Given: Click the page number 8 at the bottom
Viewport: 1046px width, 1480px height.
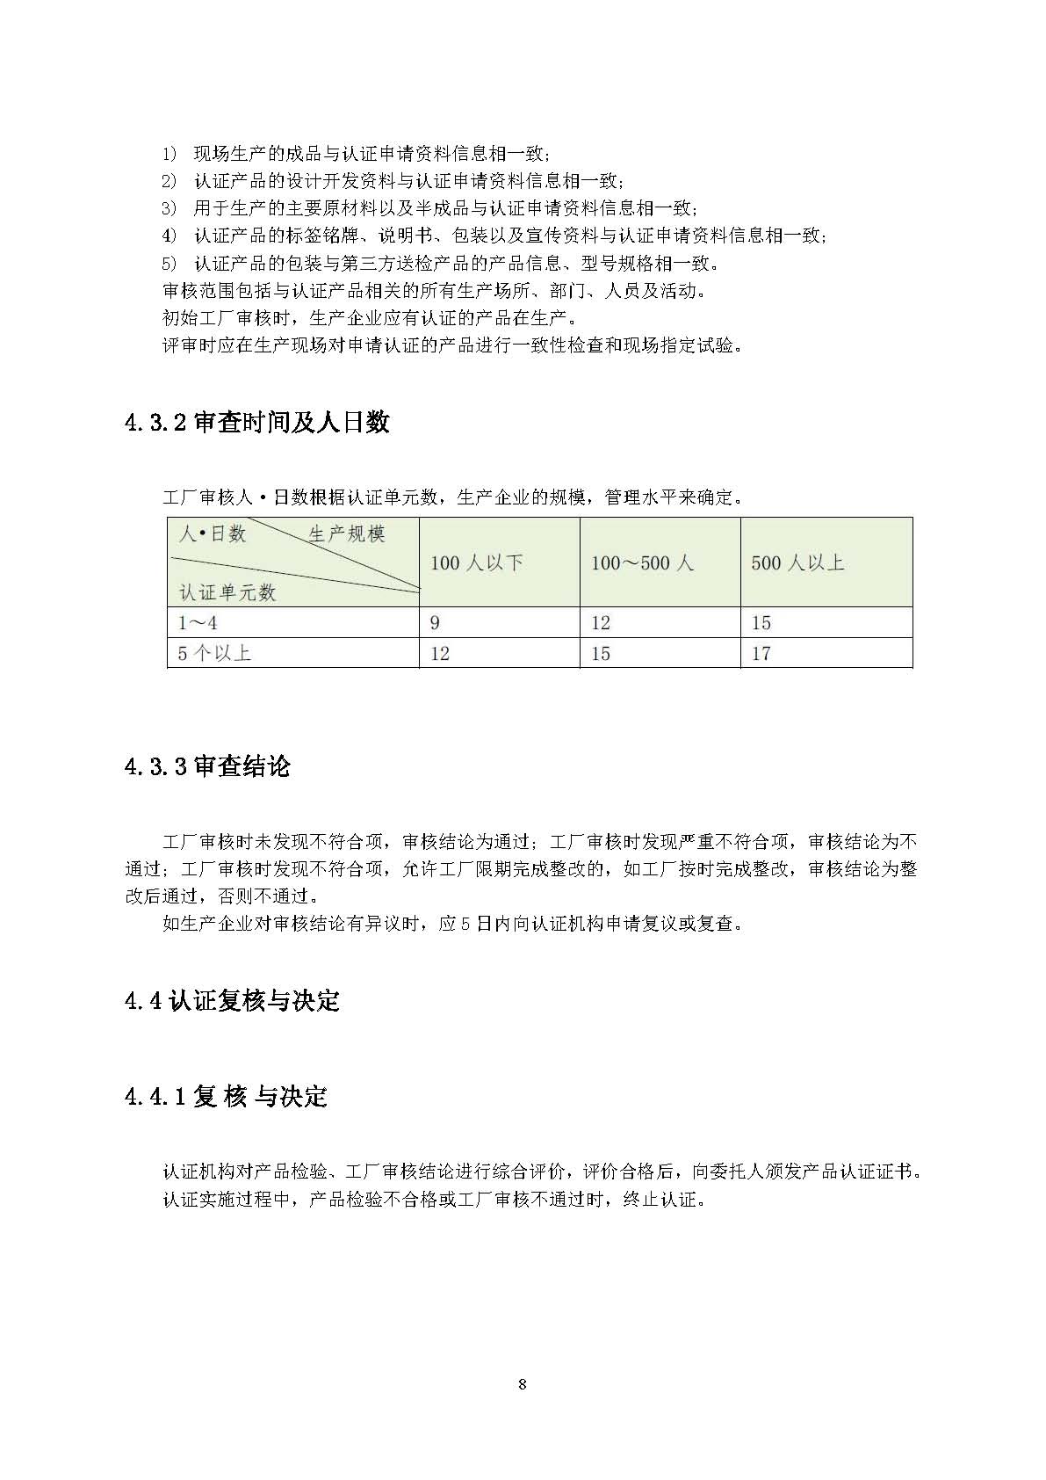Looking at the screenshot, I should pos(523,1385).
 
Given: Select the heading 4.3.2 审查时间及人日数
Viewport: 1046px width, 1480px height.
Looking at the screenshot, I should pos(257,423).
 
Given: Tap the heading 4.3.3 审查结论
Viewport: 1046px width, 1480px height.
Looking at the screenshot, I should pos(207,766).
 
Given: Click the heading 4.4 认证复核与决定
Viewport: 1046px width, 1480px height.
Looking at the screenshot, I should pos(232,1001).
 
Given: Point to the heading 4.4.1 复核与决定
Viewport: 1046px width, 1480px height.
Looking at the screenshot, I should pos(226,1097).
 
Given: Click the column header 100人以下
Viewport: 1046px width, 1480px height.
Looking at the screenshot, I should pos(476,563).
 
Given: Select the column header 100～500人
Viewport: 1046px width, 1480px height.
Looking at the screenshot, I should pos(642,563).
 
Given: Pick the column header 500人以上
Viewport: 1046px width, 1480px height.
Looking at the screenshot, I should pos(797,563).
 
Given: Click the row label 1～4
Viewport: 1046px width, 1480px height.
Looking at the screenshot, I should pos(198,623).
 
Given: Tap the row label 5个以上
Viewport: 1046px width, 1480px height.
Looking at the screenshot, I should pos(214,654).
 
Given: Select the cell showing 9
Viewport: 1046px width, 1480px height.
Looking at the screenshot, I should pos(435,623).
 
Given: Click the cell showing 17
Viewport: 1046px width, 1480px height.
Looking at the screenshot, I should pos(761,654).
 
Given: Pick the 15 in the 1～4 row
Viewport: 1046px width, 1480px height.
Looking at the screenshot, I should pos(761,623).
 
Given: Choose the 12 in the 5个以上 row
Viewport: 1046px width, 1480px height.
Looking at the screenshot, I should pos(439,654).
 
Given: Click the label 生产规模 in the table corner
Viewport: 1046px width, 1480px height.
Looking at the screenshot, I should pos(346,534).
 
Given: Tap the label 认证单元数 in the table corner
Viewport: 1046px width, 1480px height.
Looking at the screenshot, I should pos(227,592).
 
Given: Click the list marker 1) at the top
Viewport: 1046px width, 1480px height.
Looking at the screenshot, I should pos(170,155).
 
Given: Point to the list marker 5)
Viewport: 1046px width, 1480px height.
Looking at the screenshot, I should pos(170,264).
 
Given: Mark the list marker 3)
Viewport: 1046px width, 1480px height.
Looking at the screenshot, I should pos(170,209).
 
